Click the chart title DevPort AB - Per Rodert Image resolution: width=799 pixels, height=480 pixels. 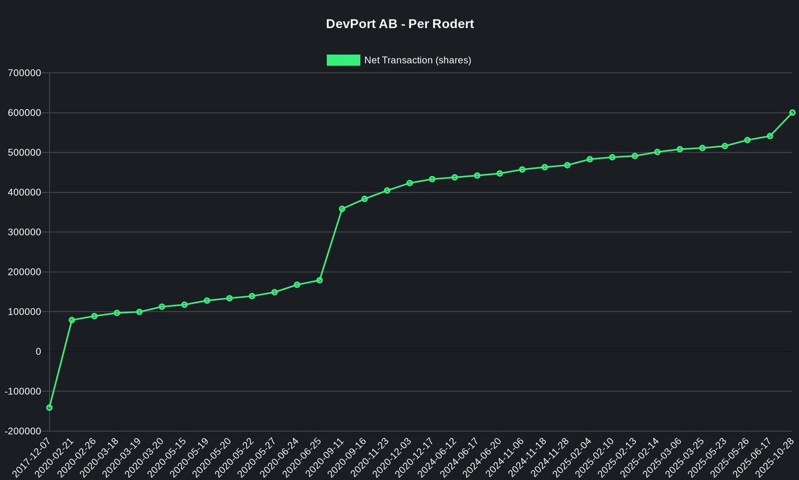pos(400,24)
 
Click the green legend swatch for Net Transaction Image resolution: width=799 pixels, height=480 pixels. pos(343,60)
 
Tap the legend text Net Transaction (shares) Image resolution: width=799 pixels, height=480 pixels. pos(417,60)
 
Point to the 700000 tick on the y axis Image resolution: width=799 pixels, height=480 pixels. pos(23,73)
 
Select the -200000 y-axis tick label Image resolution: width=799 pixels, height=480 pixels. pos(22,431)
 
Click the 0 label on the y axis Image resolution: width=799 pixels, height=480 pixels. pos(38,351)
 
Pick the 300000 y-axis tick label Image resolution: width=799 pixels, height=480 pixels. pos(23,232)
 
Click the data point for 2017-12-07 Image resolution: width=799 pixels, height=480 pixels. pos(49,407)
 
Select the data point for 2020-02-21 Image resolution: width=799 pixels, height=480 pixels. pos(72,320)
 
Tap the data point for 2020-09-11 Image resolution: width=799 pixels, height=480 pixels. pos(342,209)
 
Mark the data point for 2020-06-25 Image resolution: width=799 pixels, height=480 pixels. pos(320,280)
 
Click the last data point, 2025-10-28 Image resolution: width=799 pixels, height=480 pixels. pos(792,113)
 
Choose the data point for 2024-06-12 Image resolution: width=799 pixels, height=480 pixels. pos(455,177)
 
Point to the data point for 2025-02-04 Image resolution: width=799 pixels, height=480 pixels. pos(590,159)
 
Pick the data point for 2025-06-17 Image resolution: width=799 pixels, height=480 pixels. pos(770,136)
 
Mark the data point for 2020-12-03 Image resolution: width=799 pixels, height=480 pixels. pos(409,183)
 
